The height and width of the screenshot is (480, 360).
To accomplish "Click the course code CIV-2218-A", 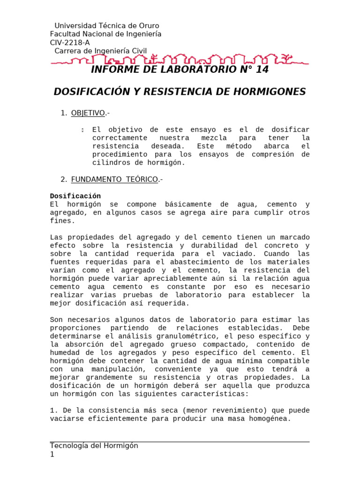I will [70, 43].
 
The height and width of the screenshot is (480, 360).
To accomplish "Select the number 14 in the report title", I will [262, 69].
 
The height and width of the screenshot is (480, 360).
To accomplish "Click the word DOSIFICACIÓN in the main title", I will [87, 92].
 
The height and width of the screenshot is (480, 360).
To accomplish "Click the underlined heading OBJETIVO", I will [88, 113].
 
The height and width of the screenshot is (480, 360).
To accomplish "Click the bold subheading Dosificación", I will [75, 196].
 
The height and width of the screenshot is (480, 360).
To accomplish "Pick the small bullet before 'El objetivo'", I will [82, 130].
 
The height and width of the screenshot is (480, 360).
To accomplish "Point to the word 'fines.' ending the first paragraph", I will [62, 221].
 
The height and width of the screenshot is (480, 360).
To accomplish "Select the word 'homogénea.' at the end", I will [272, 419].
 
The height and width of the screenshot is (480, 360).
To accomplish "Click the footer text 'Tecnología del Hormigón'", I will [94, 446].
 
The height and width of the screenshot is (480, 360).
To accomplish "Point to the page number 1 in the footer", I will [52, 454].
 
